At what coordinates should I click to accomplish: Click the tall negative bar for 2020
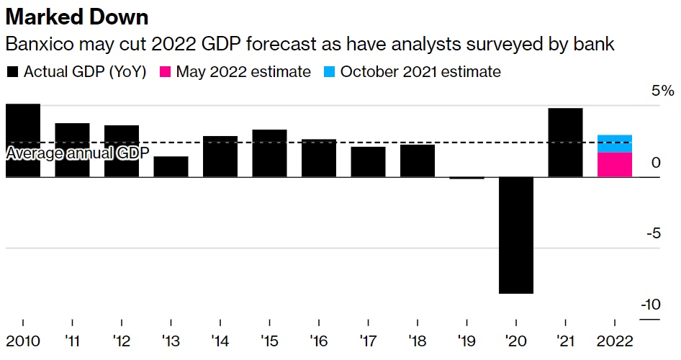(515, 235)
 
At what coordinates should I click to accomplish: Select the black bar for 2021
(565, 142)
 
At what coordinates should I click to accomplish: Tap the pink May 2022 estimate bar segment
(614, 164)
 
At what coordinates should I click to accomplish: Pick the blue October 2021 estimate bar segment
(614, 143)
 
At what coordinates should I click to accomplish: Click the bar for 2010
(23, 140)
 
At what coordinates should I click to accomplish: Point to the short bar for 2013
(171, 166)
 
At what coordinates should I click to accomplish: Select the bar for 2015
(269, 153)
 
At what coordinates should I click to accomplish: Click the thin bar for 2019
(466, 177)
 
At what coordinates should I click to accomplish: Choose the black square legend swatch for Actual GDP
(12, 72)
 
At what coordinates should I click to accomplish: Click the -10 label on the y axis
(650, 305)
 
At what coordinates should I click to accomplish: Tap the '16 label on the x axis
(319, 340)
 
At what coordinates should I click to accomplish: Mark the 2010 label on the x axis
(23, 340)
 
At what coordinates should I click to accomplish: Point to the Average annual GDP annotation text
(77, 153)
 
